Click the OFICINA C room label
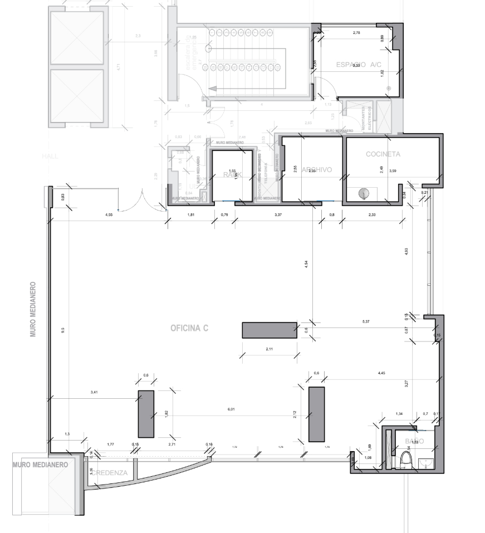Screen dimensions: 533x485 (189, 329)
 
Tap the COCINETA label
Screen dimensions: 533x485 (383, 154)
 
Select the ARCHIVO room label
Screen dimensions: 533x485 (317, 170)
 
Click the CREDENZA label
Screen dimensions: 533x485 (110, 473)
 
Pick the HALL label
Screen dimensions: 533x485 (50, 157)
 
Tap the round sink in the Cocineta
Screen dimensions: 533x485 (364, 193)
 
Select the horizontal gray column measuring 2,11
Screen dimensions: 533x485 (270, 330)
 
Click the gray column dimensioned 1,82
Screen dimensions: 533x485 (146, 414)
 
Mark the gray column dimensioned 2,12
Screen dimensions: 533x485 (316, 414)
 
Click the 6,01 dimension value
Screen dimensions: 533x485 (231, 409)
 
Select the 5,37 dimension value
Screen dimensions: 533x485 (366, 322)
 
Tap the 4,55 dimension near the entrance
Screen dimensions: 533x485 (109, 214)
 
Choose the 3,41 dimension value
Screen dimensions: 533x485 (94, 393)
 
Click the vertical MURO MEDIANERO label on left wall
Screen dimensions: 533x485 (33, 309)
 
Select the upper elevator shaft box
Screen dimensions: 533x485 (77, 38)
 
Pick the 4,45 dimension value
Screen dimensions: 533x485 (381, 372)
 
